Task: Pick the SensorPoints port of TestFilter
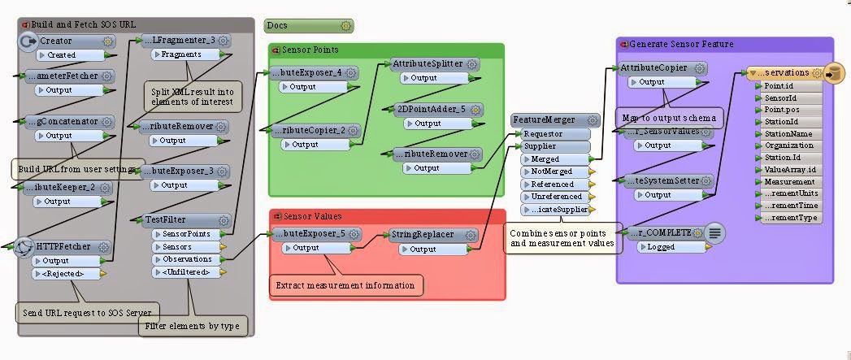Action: (185, 234)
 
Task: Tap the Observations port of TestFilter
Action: (185, 259)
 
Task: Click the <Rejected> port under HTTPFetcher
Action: (65, 274)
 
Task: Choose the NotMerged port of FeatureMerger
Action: (553, 171)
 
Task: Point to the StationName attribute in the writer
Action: (788, 134)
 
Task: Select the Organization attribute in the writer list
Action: (788, 145)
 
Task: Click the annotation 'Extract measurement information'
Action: (346, 285)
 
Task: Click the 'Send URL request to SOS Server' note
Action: (86, 312)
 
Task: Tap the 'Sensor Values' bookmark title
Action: (312, 216)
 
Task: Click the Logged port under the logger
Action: (666, 247)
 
